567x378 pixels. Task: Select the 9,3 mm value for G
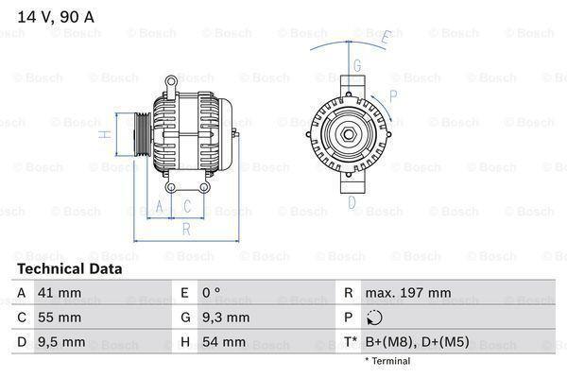coord(228,318)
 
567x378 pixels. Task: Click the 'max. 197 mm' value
coord(410,293)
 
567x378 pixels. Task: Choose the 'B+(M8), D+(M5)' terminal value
coord(421,342)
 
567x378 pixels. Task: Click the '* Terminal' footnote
coord(387,361)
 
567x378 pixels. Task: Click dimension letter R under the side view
coord(186,228)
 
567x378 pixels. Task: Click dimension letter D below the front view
coord(352,201)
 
